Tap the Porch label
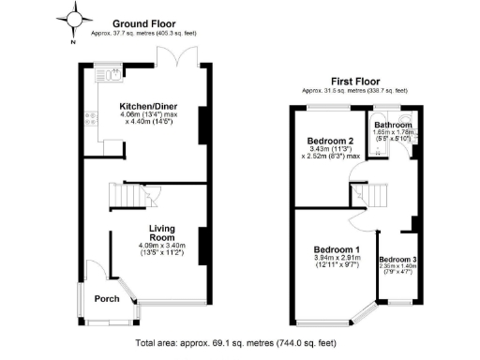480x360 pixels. point(107,300)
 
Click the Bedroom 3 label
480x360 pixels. point(397,259)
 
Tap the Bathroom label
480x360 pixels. point(393,125)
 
